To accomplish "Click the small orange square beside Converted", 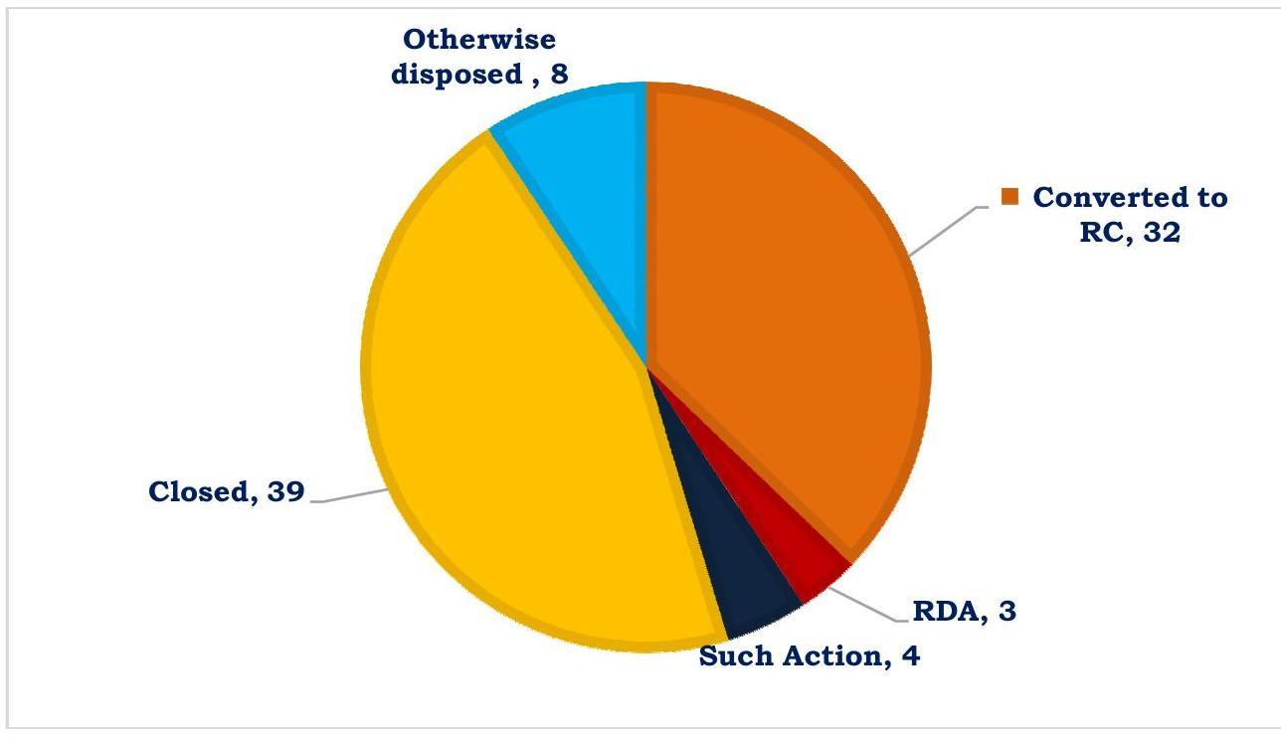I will point(1010,197).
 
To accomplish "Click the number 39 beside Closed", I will point(285,491).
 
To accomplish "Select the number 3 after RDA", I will point(1007,611).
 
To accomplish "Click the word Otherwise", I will point(478,39).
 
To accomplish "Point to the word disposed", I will point(457,74).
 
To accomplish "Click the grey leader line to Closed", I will point(348,496).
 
